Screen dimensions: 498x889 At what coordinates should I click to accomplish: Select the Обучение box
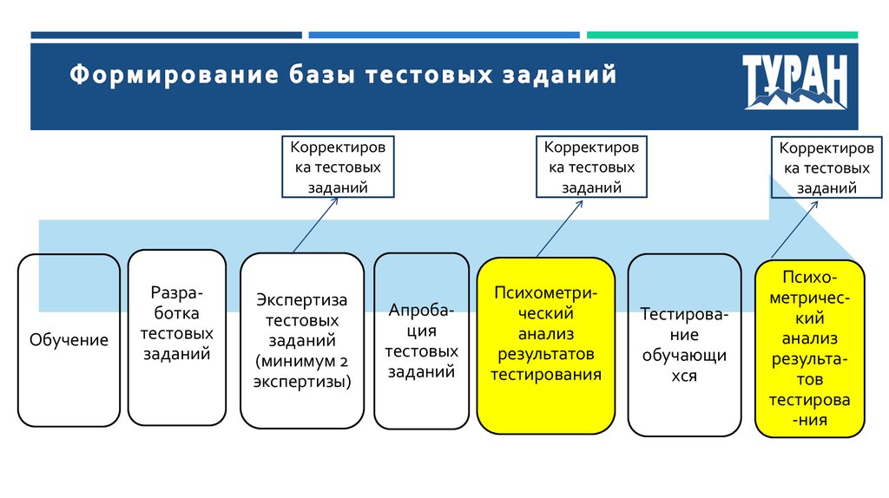point(69,339)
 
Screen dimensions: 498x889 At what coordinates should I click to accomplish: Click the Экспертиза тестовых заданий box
point(301,340)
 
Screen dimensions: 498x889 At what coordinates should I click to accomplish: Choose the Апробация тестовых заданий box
point(421,340)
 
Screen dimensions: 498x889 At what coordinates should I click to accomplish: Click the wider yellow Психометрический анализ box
point(546,344)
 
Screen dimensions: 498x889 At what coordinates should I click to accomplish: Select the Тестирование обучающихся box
point(684,344)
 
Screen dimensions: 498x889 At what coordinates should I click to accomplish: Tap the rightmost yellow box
point(809,348)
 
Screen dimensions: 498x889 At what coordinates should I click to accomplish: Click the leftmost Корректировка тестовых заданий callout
point(338,167)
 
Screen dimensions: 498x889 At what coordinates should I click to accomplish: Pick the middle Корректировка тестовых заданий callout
point(590,167)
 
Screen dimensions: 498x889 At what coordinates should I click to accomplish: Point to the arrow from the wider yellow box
point(560,227)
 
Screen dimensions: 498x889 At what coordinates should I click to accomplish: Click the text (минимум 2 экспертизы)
point(301,371)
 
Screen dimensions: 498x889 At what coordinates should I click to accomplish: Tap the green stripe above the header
point(721,36)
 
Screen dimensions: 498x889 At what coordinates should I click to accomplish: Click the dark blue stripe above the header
point(166,36)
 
